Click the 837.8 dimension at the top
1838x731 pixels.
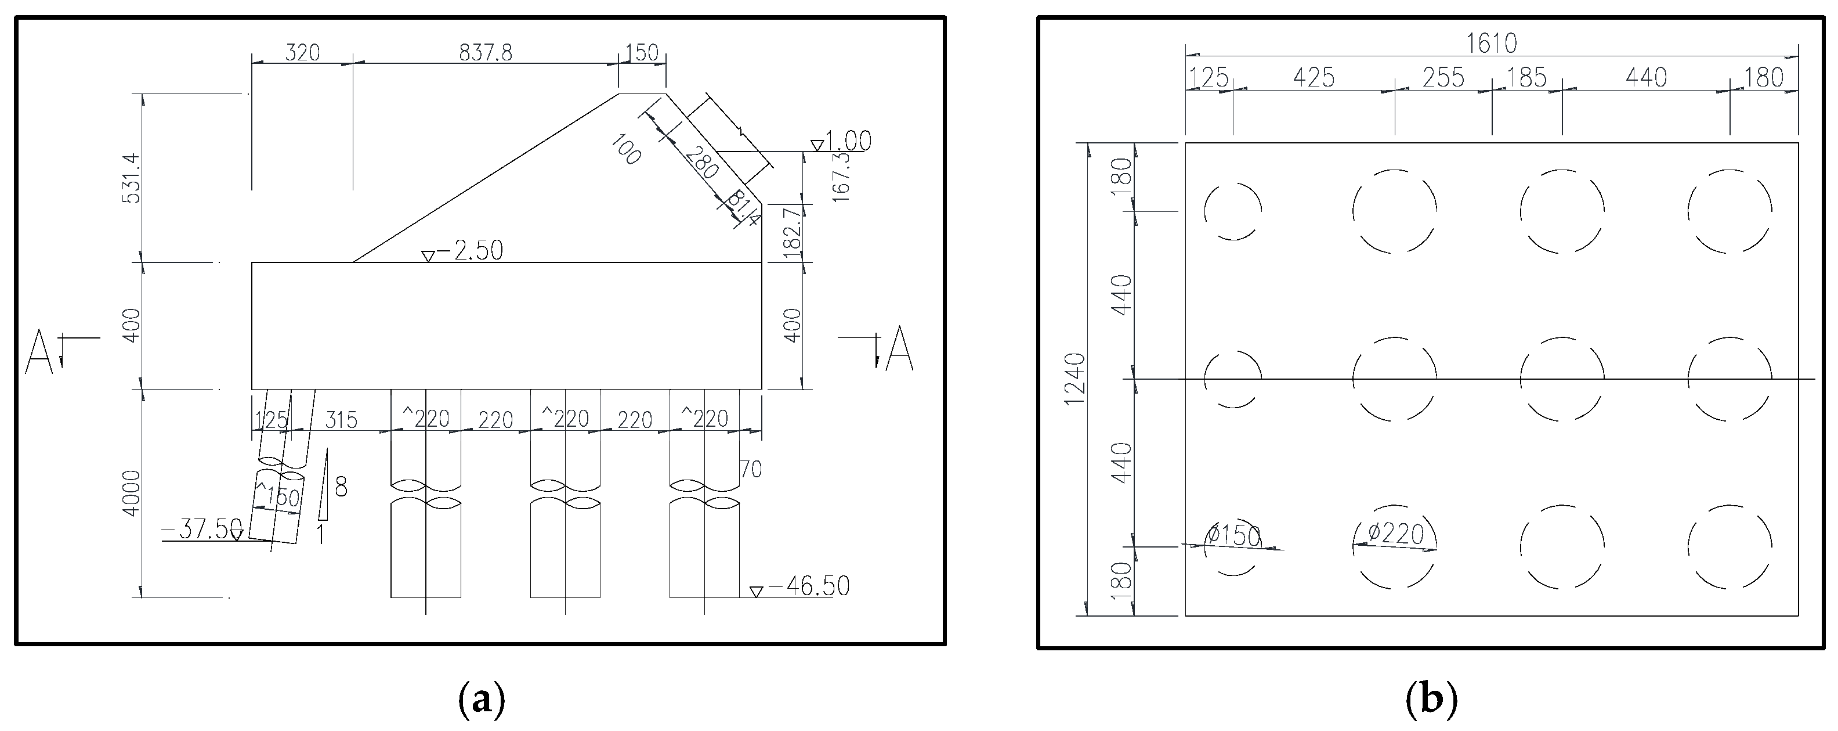(485, 53)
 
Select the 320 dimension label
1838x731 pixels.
(302, 53)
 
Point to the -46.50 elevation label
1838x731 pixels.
(808, 586)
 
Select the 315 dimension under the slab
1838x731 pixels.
(341, 420)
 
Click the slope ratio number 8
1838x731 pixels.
(341, 488)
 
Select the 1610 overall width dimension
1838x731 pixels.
(1491, 44)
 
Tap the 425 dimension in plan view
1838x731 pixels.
(1314, 77)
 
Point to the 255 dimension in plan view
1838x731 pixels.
(1443, 77)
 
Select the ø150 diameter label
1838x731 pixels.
(1233, 535)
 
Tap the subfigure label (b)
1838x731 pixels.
(1431, 700)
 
